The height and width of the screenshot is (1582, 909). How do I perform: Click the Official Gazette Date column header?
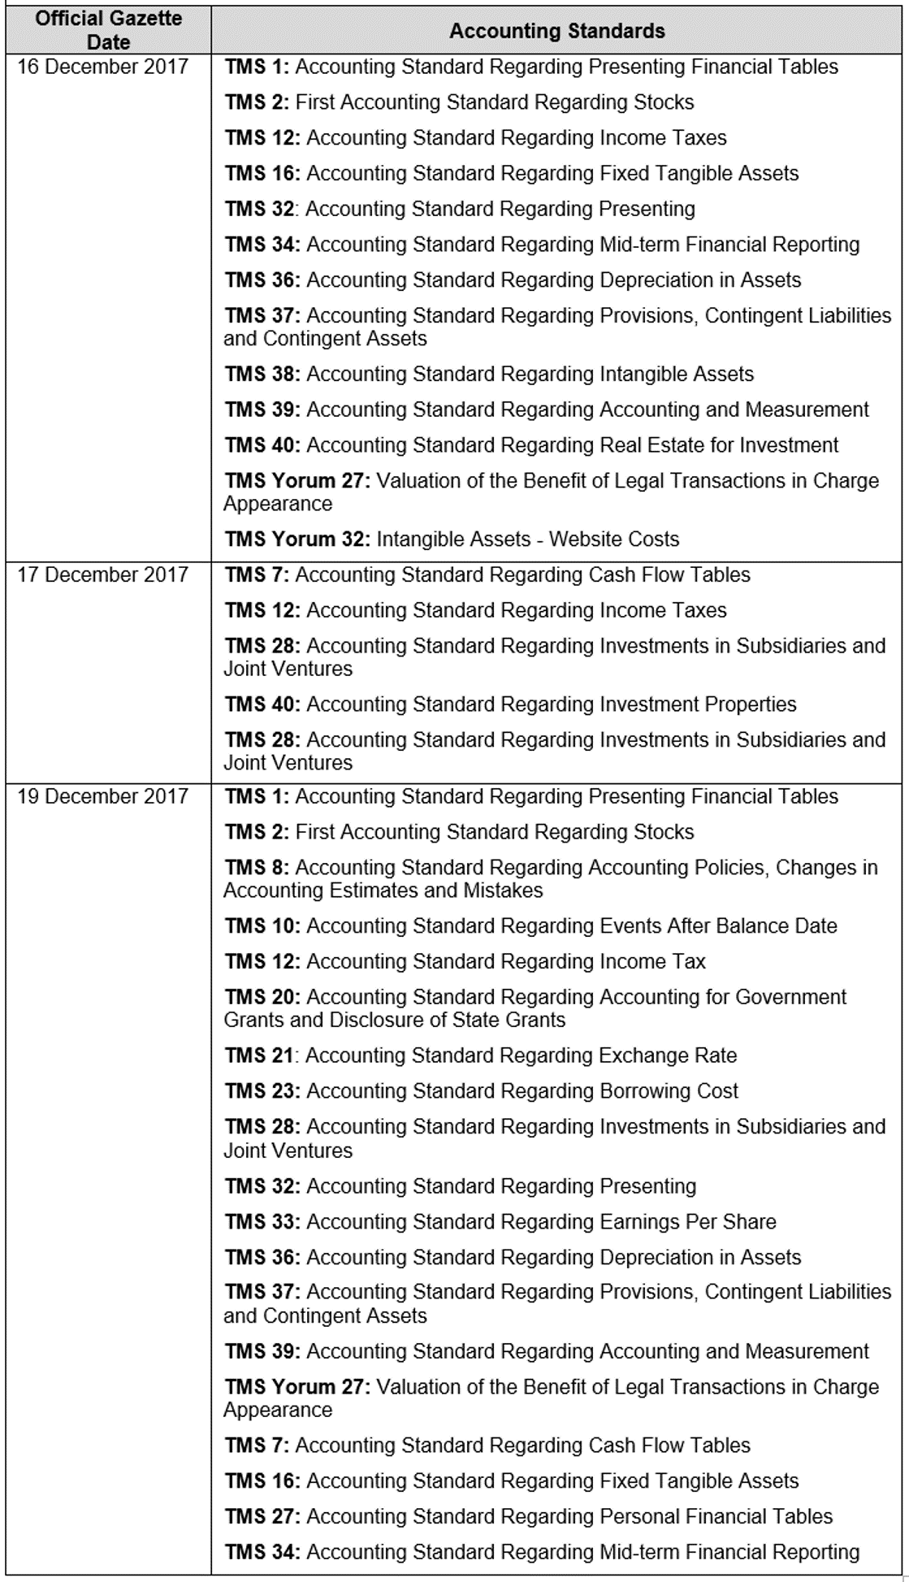coord(108,30)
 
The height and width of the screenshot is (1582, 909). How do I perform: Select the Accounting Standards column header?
coord(556,31)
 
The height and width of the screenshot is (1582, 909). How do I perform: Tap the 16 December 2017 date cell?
coord(102,67)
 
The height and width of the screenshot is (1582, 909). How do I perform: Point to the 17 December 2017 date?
coord(102,574)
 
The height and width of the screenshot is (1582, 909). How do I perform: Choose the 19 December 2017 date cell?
coord(102,796)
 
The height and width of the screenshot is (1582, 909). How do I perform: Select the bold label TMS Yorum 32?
coord(297,539)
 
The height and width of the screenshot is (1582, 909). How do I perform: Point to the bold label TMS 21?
coord(259,1055)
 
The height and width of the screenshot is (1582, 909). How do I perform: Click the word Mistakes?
coord(503,891)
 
